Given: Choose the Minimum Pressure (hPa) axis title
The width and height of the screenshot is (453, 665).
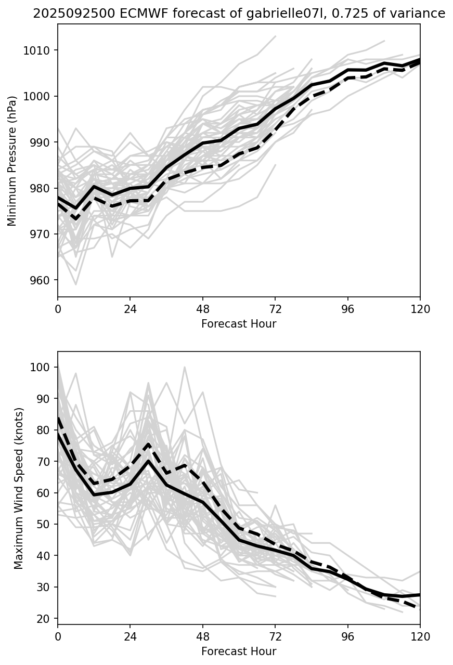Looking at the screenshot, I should pos(12,161).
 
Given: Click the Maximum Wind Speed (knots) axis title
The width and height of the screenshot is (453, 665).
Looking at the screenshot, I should pos(19,488).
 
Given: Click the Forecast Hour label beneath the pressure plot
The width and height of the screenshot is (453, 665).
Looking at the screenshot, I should pos(239,324).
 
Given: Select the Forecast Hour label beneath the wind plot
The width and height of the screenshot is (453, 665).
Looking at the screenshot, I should pos(239,651).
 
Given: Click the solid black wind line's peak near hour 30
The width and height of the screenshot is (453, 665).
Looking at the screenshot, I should pos(148,461).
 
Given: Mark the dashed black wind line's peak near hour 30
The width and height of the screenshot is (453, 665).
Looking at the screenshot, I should pos(148,445).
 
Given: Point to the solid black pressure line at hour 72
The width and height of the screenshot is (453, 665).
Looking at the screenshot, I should pos(275,109).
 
